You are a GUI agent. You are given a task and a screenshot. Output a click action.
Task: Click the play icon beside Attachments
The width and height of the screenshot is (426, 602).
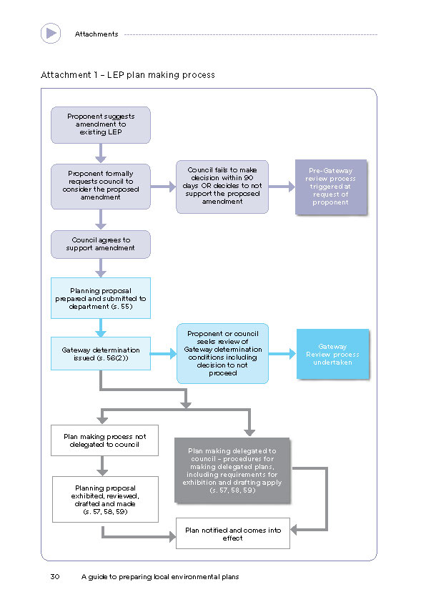(x=51, y=34)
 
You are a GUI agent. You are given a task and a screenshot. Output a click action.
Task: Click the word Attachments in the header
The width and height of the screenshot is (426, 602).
(x=96, y=34)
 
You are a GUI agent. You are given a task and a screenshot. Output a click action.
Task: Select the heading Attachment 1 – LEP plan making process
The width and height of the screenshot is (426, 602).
(x=128, y=75)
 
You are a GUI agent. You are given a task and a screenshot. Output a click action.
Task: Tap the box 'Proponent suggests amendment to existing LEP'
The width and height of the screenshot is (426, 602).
(x=101, y=125)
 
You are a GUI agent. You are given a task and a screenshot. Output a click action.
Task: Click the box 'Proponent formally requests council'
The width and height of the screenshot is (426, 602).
(x=101, y=186)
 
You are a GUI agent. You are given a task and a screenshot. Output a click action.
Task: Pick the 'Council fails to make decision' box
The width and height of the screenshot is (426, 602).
(x=222, y=187)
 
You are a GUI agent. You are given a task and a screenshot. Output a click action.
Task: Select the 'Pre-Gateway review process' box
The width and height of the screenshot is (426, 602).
(x=331, y=187)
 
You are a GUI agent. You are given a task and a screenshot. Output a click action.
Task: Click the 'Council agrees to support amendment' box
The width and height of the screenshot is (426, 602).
(x=101, y=245)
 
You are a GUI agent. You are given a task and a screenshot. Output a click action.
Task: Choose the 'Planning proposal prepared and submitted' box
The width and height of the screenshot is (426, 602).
(x=101, y=298)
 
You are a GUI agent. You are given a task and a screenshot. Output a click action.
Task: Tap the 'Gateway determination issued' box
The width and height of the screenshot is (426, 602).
(x=101, y=354)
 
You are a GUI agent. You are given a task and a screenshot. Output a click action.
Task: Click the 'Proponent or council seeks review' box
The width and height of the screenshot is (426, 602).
(x=222, y=353)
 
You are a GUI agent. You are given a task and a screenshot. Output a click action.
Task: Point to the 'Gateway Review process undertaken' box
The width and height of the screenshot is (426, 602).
(x=333, y=354)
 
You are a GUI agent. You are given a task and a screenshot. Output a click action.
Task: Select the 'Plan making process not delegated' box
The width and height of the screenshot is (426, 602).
(x=105, y=440)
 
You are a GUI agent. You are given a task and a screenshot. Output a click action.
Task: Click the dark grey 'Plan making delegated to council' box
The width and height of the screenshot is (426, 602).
(x=232, y=470)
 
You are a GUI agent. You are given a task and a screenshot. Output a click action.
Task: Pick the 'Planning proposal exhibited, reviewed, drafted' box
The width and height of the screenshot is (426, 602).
(x=105, y=500)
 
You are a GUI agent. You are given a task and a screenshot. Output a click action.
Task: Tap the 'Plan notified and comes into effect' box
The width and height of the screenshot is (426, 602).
(x=233, y=533)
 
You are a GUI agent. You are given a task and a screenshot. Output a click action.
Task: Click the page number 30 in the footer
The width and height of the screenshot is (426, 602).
(x=55, y=577)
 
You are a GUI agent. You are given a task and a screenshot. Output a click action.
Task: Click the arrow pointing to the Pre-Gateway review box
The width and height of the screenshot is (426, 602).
(x=282, y=187)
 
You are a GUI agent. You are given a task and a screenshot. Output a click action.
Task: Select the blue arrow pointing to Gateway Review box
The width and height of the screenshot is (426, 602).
(x=282, y=354)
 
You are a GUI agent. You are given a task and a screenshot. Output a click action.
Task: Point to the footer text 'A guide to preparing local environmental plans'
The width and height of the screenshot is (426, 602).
(x=160, y=577)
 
